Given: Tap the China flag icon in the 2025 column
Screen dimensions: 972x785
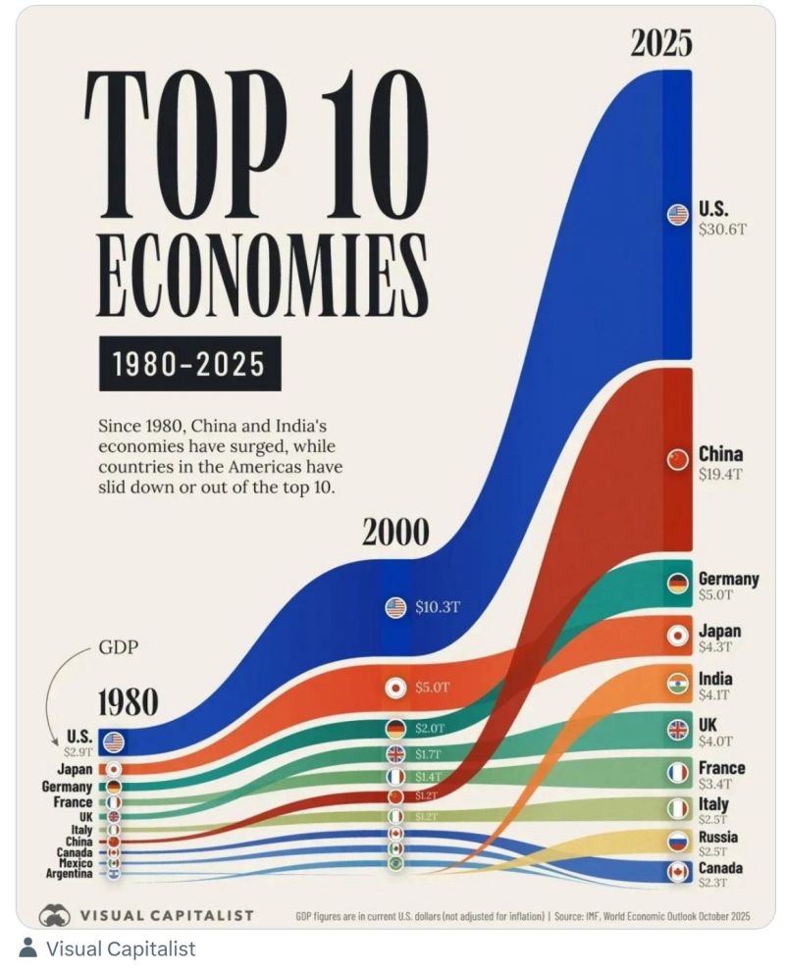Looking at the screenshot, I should click(x=677, y=459).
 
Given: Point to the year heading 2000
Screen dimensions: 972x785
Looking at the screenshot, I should click(x=395, y=532).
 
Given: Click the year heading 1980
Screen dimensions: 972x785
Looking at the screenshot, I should click(x=127, y=702).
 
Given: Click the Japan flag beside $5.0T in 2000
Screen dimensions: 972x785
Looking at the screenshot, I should click(x=395, y=688).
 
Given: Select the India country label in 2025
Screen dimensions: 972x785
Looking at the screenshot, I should click(x=714, y=679).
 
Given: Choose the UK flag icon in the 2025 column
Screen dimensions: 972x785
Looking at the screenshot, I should click(x=677, y=729).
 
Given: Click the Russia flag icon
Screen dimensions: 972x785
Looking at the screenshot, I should click(x=677, y=841).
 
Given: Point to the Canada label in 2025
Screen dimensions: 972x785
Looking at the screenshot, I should click(x=720, y=868).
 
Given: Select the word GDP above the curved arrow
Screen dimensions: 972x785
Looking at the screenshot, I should click(x=118, y=648).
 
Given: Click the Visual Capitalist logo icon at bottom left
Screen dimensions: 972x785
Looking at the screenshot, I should click(x=55, y=915).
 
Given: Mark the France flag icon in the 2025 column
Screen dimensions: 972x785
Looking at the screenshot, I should click(x=677, y=773).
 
